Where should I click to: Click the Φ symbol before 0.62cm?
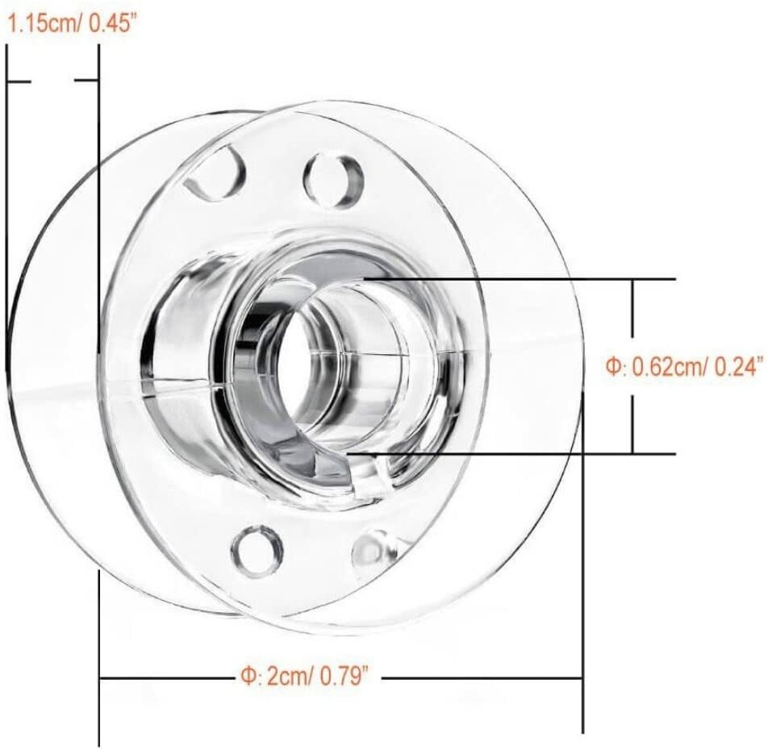pyautogui.click(x=614, y=367)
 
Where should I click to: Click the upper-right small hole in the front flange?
pyautogui.click(x=333, y=181)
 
